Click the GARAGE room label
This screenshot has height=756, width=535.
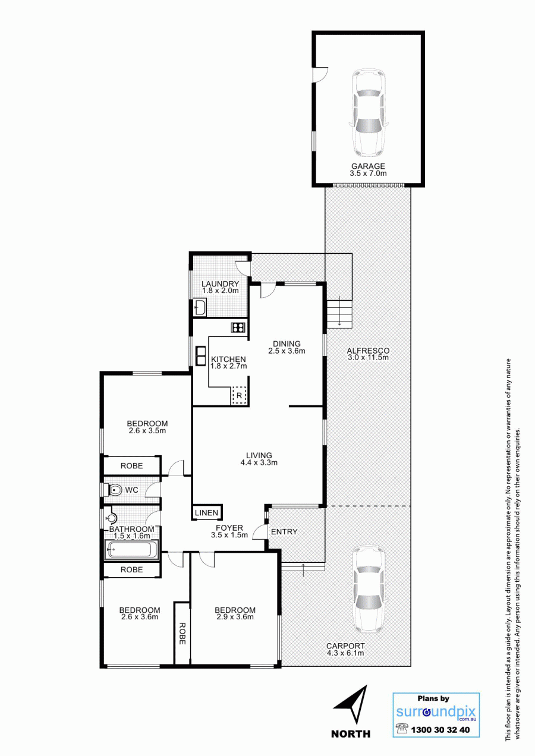point(368,166)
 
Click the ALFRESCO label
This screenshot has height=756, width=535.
point(368,351)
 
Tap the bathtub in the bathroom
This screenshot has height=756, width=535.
point(131,550)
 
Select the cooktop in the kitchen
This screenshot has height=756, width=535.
point(238,327)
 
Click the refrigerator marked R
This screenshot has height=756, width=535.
point(239,395)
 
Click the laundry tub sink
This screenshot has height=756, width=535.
point(200,307)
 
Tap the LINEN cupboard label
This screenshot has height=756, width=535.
point(207,513)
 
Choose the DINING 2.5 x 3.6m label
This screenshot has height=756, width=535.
point(287,347)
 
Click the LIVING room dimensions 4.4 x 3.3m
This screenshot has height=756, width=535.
point(259,463)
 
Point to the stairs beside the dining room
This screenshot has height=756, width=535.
point(339,314)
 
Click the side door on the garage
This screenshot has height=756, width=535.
point(320,74)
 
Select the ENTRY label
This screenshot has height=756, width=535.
point(284,532)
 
